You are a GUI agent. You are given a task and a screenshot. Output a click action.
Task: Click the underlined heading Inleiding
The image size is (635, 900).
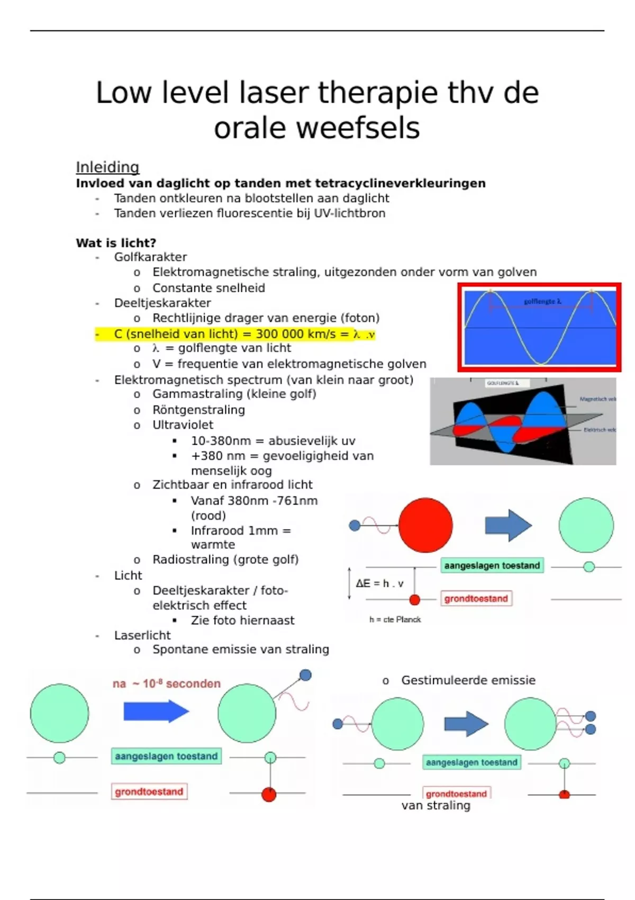[x=107, y=167]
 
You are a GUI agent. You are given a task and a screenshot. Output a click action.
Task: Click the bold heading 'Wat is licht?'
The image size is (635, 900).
[x=116, y=243]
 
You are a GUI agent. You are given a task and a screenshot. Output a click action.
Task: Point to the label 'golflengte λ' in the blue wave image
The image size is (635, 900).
[x=542, y=301]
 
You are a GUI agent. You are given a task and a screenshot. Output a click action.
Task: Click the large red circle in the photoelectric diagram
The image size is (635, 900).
[x=425, y=525]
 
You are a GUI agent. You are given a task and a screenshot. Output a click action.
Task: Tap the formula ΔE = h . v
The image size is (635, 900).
[x=379, y=583]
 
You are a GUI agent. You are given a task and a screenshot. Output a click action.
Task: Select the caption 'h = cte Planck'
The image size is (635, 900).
[x=395, y=619]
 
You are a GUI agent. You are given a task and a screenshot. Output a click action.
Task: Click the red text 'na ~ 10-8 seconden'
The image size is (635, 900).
[x=166, y=683]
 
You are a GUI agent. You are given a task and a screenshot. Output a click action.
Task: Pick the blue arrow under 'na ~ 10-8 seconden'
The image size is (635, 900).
[x=156, y=711]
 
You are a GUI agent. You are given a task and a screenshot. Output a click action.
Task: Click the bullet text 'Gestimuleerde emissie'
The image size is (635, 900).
[x=468, y=680]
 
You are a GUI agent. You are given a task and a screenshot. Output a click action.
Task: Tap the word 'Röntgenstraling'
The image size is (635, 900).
[x=198, y=410]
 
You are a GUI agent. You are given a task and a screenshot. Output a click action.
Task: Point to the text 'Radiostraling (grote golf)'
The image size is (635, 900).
[x=225, y=560]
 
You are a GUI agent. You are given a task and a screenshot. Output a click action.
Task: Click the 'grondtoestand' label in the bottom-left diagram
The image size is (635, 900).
[x=149, y=791]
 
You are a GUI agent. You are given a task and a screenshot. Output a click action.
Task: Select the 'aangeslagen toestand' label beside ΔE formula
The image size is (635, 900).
[x=492, y=565]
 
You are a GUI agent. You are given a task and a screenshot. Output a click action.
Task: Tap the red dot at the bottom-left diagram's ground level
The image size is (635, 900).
[x=269, y=795]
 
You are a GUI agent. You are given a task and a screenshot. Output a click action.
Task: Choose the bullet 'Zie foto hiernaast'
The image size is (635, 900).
[x=242, y=620]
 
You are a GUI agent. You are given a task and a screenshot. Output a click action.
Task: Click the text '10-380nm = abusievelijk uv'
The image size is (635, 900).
[x=273, y=441]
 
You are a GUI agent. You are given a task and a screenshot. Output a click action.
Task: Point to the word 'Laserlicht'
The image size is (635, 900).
[x=142, y=635]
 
